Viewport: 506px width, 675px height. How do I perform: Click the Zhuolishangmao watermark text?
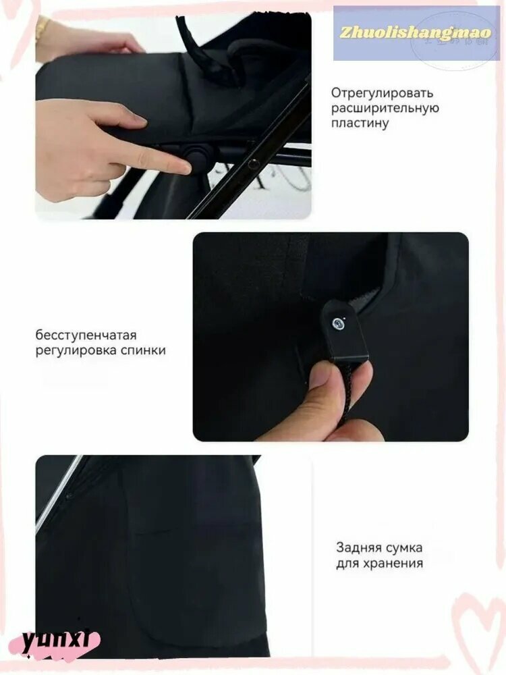click(x=416, y=32)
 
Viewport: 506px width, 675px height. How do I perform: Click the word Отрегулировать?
click(x=382, y=93)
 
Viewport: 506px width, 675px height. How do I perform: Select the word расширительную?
click(x=385, y=108)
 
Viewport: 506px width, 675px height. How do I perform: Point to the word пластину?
click(x=360, y=123)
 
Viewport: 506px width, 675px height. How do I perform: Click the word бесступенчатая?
click(x=86, y=335)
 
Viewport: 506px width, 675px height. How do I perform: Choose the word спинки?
click(x=143, y=350)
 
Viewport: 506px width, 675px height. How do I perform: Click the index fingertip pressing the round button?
click(x=183, y=167)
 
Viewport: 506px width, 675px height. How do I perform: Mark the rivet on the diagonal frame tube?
click(x=253, y=163)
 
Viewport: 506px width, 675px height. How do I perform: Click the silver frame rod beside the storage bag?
click(x=57, y=494)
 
